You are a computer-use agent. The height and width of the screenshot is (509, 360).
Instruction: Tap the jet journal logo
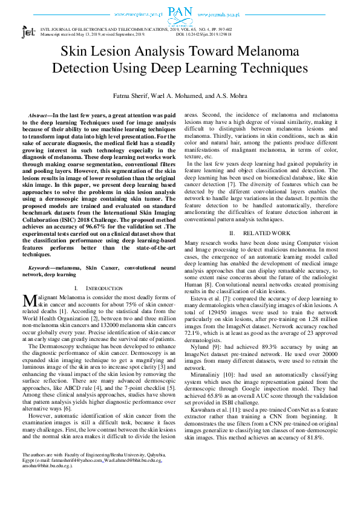[x=28, y=32]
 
